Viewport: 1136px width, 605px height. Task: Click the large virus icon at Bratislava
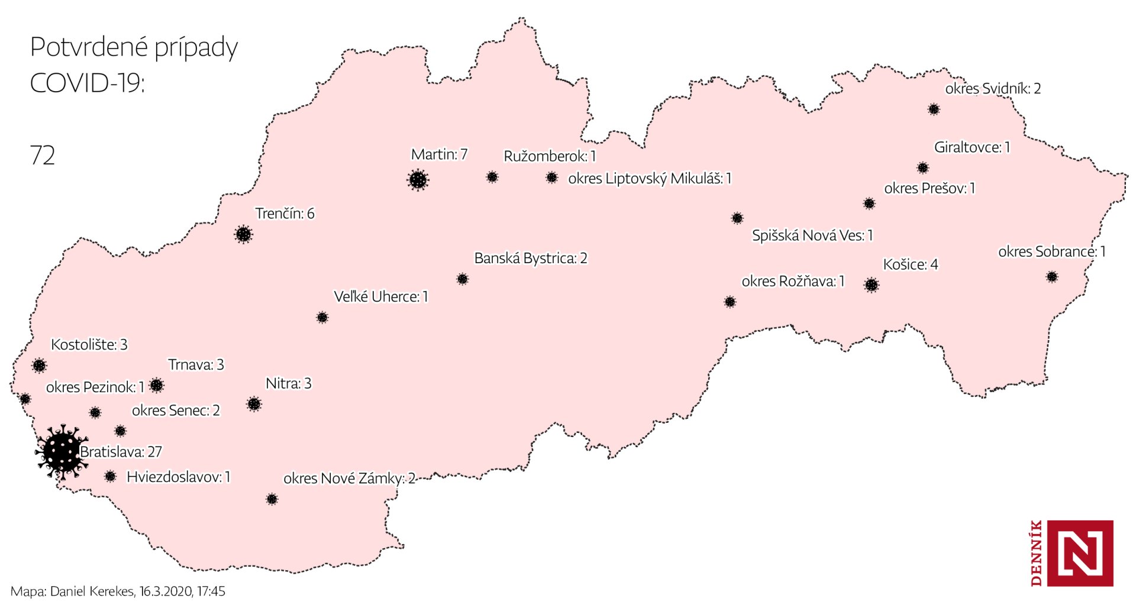point(62,452)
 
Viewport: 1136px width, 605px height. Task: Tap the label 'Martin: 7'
point(439,154)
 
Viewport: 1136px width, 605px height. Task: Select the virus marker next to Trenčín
point(243,234)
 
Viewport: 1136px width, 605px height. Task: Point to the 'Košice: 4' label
point(910,264)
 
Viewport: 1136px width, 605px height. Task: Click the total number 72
point(42,156)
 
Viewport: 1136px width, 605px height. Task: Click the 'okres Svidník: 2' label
point(992,89)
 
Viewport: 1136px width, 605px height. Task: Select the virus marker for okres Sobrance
point(1051,276)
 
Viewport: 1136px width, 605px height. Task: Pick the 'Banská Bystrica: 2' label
point(530,258)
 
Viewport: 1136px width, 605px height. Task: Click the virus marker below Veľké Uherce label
point(322,318)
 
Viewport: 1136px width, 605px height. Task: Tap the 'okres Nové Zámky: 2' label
point(349,478)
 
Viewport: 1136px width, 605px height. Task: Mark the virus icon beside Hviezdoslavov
point(110,476)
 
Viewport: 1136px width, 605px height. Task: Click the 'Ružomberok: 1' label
point(549,156)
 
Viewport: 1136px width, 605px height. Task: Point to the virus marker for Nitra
point(254,404)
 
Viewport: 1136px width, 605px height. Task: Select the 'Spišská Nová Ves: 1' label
point(812,235)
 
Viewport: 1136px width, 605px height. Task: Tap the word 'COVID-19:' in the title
point(87,83)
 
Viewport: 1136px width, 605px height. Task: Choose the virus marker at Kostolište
point(39,365)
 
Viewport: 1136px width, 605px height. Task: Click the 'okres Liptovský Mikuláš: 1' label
point(649,179)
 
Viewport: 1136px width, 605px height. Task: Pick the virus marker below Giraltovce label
point(922,168)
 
